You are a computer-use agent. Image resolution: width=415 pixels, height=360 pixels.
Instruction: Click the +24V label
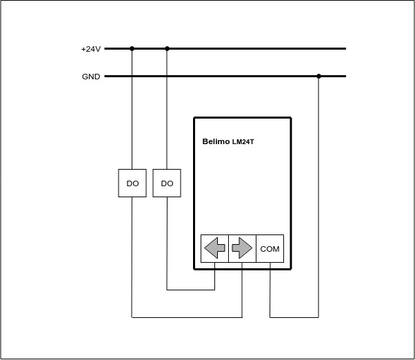tap(91, 49)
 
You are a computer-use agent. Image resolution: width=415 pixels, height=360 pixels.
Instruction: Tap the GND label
tap(91, 77)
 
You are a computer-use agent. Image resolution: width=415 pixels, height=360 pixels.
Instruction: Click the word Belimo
tap(216, 141)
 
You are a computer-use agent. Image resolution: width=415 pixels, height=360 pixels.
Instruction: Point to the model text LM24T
tap(243, 142)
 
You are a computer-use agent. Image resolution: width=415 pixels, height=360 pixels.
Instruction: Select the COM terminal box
tap(270, 248)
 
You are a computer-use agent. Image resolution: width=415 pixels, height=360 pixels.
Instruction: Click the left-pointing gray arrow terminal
tap(214, 248)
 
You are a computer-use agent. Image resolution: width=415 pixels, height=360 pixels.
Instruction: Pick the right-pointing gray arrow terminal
tap(242, 248)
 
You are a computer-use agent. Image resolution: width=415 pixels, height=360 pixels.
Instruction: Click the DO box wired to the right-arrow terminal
tap(132, 183)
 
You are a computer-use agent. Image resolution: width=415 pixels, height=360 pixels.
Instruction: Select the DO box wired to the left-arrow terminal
tap(167, 183)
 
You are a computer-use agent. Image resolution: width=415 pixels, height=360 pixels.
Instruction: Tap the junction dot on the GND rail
tap(318, 77)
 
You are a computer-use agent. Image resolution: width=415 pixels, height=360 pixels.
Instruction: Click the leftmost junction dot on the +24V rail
tap(132, 49)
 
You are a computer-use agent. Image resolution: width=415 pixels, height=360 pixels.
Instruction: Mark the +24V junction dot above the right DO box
tap(167, 49)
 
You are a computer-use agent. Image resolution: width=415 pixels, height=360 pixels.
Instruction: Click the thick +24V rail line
tap(225, 49)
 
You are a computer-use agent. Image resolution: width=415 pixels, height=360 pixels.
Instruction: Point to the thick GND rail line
tap(225, 77)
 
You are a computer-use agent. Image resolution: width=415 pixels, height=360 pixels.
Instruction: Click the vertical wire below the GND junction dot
tap(318, 197)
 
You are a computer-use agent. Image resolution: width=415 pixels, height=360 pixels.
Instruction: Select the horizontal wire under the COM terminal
tap(294, 317)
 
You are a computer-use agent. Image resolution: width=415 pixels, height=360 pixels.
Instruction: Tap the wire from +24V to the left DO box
tap(132, 109)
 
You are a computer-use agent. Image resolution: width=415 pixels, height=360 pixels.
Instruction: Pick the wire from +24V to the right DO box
tap(167, 109)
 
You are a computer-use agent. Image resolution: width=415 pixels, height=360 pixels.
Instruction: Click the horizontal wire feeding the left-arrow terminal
tap(190, 290)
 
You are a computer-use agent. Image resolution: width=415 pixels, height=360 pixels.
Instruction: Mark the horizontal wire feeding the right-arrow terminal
tap(187, 317)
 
